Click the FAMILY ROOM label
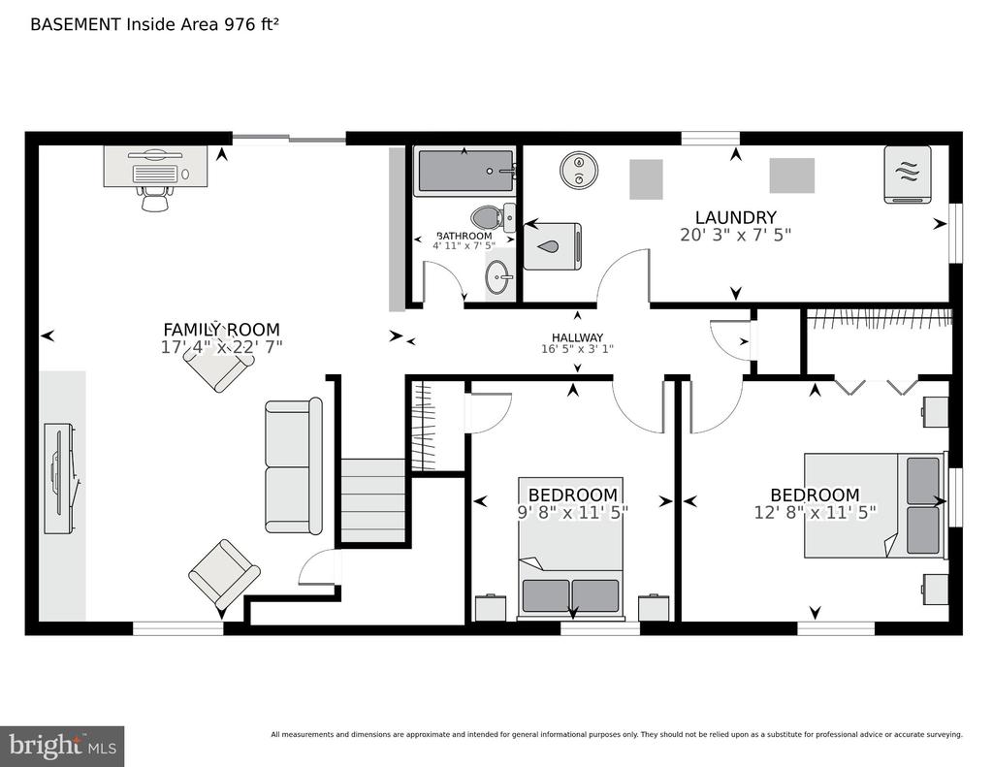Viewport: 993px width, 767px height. point(222,330)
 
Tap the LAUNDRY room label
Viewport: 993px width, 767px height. point(735,217)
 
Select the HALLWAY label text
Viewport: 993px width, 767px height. point(577,337)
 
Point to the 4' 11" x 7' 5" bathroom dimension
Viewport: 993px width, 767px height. point(464,245)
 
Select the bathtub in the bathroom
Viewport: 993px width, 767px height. point(465,173)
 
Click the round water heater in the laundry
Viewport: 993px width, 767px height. point(579,170)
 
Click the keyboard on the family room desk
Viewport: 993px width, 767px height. point(155,174)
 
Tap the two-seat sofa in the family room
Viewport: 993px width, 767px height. point(293,465)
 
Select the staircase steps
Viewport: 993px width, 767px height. point(373,500)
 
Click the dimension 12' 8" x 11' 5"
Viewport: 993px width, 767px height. point(815,512)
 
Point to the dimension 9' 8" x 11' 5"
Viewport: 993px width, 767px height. point(573,512)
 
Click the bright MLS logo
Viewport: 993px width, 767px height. point(62,746)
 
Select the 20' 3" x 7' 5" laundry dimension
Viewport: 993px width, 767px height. point(735,235)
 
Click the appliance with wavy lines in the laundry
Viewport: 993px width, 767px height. point(908,175)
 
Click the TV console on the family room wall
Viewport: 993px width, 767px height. point(61,478)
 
